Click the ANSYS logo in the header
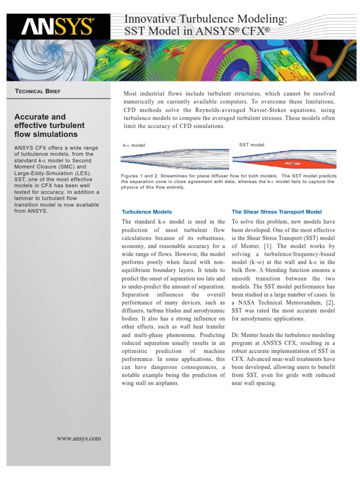pyautogui.click(x=57, y=27)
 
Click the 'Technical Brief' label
pyautogui.click(x=37, y=91)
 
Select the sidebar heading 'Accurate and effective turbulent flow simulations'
pyautogui.click(x=50, y=126)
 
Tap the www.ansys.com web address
pyautogui.click(x=79, y=438)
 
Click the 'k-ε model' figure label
pyautogui.click(x=134, y=145)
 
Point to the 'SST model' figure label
pyautogui.click(x=252, y=145)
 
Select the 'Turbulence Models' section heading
pyautogui.click(x=147, y=212)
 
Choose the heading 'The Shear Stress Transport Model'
pyautogui.click(x=277, y=212)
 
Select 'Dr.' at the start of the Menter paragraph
pyautogui.click(x=236, y=335)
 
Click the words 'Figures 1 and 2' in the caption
pyautogui.click(x=139, y=176)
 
